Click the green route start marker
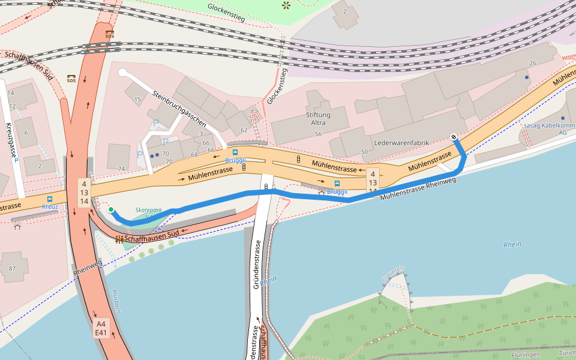(111, 209)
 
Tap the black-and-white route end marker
(454, 137)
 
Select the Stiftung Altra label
(318, 119)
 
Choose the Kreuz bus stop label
(50, 206)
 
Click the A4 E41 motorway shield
(101, 328)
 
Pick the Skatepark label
(149, 211)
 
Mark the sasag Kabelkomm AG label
(545, 129)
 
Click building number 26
(532, 63)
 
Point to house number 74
(122, 169)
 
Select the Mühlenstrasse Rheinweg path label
(414, 188)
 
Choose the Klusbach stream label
(116, 302)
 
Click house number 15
(138, 100)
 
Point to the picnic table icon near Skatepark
(119, 239)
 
